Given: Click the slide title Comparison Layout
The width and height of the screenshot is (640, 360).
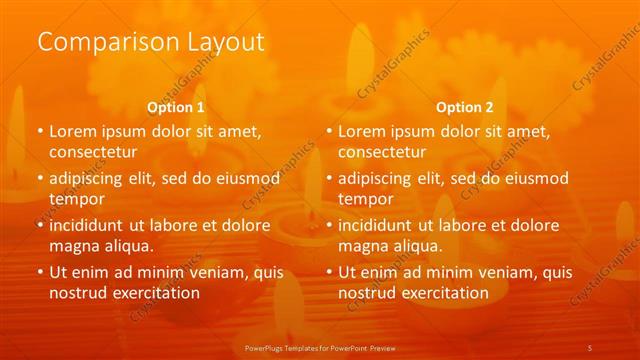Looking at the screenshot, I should [151, 42].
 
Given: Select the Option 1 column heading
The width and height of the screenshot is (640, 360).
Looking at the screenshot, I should [176, 106].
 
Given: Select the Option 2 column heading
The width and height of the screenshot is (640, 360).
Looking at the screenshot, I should [465, 106].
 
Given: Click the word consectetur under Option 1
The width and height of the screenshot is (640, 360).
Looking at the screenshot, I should [92, 152].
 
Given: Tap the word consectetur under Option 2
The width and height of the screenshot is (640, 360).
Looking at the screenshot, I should [381, 152].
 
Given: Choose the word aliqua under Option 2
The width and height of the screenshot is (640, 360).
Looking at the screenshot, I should [416, 246].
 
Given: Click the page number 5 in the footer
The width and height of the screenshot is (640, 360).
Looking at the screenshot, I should [590, 346].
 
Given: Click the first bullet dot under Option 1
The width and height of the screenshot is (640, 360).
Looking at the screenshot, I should [40, 131].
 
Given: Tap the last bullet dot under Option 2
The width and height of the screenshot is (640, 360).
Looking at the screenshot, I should [329, 272].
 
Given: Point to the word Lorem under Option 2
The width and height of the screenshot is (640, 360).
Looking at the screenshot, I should [360, 131].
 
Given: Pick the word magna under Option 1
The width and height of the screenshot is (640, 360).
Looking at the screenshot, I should [73, 246].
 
